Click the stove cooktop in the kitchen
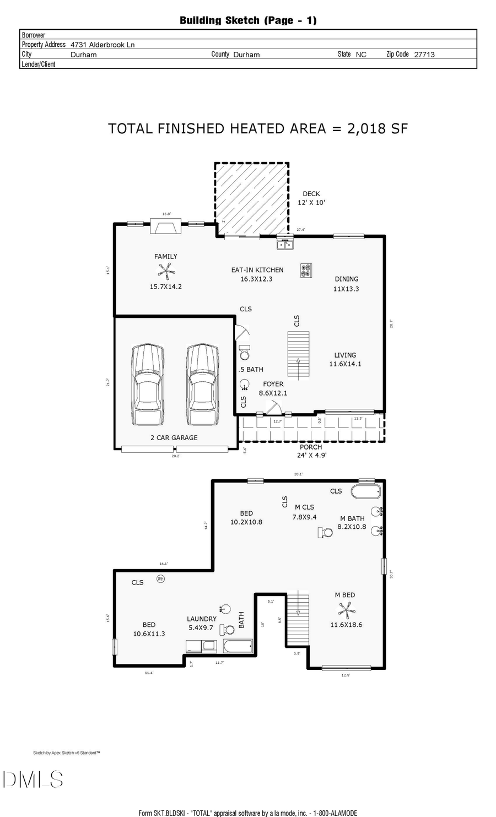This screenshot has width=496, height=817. tap(306, 270)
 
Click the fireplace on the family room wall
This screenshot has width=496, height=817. tap(165, 227)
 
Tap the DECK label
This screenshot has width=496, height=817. tap(311, 194)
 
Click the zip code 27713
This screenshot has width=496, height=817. tap(424, 55)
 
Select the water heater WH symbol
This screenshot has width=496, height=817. tap(160, 578)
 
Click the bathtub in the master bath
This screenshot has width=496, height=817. tap(366, 491)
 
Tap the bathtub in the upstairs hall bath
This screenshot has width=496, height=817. tap(238, 646)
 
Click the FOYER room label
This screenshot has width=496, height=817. tap(273, 384)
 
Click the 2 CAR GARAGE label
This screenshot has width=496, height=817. tap(174, 437)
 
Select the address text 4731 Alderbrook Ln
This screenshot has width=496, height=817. tap(103, 45)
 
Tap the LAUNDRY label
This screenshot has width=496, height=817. tap(201, 619)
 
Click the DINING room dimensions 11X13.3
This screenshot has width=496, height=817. tap(346, 289)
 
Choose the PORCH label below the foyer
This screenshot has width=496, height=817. tap(311, 447)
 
